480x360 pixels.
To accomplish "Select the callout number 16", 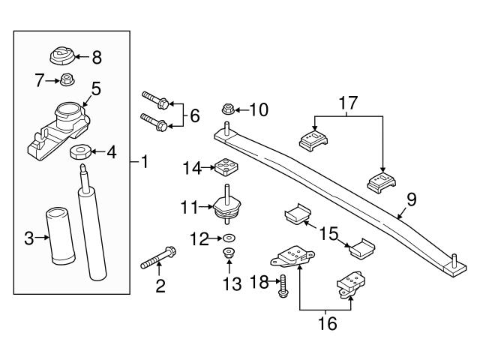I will pos(327,324).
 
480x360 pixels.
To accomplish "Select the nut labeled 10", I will pos(228,111).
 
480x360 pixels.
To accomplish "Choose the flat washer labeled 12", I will pos(229,239).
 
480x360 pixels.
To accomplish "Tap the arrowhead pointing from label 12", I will pos(220,239).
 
